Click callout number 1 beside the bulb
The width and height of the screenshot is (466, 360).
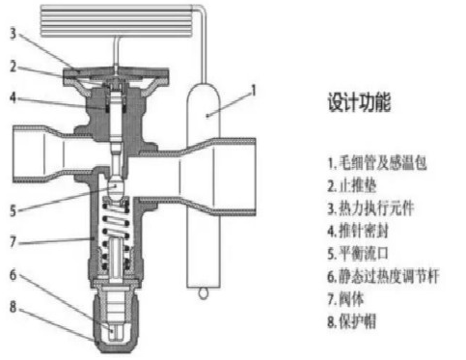(254, 91)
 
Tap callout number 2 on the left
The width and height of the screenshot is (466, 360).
(13, 67)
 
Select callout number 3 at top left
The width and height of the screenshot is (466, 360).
(13, 34)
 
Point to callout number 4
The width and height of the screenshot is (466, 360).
(13, 97)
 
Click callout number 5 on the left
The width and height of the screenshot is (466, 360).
(13, 210)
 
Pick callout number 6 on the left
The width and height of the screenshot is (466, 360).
(13, 275)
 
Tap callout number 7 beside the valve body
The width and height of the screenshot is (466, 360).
(13, 242)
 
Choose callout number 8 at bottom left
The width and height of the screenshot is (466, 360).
(13, 307)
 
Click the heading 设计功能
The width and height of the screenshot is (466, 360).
(359, 102)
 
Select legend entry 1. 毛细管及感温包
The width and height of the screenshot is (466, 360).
(377, 163)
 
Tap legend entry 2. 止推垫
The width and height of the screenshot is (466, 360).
(352, 185)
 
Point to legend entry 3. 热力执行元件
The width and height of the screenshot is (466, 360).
(370, 208)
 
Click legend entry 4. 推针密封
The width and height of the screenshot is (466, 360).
(358, 231)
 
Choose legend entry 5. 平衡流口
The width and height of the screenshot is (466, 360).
(358, 253)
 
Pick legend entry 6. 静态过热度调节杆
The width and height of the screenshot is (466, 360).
(383, 276)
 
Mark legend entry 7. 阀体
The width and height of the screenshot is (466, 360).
(345, 299)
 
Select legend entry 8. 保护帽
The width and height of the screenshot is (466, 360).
(352, 321)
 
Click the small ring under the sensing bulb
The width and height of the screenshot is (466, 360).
(203, 293)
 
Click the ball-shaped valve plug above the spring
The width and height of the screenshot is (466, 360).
(117, 187)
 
